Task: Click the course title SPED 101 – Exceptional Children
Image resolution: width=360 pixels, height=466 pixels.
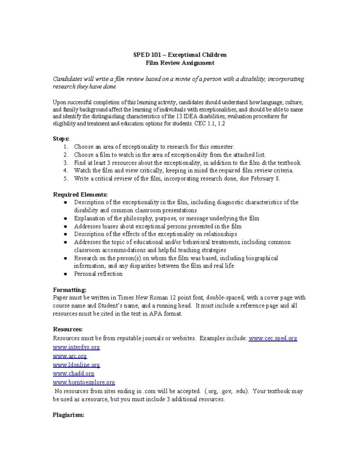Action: (x=180, y=55)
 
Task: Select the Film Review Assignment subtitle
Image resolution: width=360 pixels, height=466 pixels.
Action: (x=180, y=63)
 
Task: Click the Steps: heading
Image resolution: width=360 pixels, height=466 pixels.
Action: (x=61, y=139)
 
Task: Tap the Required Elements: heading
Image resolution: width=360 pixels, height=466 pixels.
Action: (x=80, y=194)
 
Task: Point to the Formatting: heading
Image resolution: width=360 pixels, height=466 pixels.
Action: (x=70, y=290)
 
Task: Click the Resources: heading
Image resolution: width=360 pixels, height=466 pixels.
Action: (x=67, y=329)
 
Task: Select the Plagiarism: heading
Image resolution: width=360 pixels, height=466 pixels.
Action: (x=68, y=415)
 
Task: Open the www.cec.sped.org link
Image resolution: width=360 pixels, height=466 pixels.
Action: (x=273, y=338)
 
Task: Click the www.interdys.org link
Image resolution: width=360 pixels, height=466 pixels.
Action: (x=76, y=347)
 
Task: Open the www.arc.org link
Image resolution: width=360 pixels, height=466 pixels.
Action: (x=70, y=356)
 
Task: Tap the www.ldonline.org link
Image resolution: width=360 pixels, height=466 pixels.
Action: (x=76, y=365)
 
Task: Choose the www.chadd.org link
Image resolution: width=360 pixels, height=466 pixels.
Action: (x=73, y=374)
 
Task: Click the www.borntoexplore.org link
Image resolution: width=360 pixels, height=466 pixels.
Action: (x=84, y=383)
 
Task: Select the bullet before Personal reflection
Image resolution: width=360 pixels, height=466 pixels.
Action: (x=65, y=274)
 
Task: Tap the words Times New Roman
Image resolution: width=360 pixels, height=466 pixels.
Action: (x=143, y=298)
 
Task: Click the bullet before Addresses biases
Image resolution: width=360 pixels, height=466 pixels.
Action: (x=65, y=227)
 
